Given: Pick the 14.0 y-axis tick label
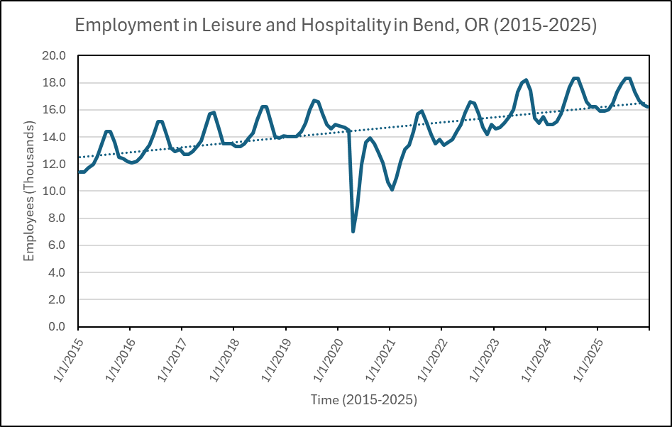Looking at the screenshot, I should (55, 137).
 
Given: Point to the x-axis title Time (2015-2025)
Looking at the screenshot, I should (363, 400).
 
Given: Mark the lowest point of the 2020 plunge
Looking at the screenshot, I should (353, 231).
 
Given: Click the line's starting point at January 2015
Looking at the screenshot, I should (78, 172).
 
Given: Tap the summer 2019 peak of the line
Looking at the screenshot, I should (314, 101).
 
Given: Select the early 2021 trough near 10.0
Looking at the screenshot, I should (392, 189).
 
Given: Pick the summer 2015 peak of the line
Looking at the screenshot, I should (108, 131).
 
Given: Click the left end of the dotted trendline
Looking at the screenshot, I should (79, 157).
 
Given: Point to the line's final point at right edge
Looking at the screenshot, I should (649, 107).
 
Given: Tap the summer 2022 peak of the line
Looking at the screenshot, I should (470, 101).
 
